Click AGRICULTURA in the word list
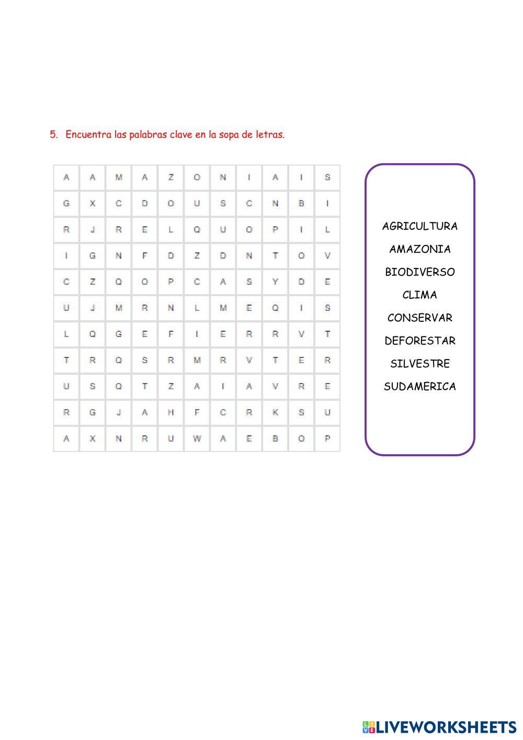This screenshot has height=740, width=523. click(419, 226)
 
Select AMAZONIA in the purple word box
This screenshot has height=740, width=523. click(419, 249)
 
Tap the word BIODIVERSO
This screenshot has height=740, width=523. click(419, 272)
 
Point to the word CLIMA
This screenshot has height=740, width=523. click(419, 295)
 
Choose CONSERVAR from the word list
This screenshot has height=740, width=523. click(419, 318)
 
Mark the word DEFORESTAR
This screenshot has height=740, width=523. click(419, 341)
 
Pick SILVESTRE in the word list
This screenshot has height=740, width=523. click(419, 364)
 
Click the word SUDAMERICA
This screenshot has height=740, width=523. click(419, 387)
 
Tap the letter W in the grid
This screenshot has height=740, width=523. click(197, 439)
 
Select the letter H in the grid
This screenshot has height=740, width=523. click(170, 412)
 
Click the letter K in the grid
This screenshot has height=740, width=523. click(275, 412)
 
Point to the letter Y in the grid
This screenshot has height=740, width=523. click(275, 282)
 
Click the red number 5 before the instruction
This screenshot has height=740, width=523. click(53, 134)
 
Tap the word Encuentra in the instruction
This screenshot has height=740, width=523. click(89, 134)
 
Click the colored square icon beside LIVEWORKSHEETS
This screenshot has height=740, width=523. click(368, 727)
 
